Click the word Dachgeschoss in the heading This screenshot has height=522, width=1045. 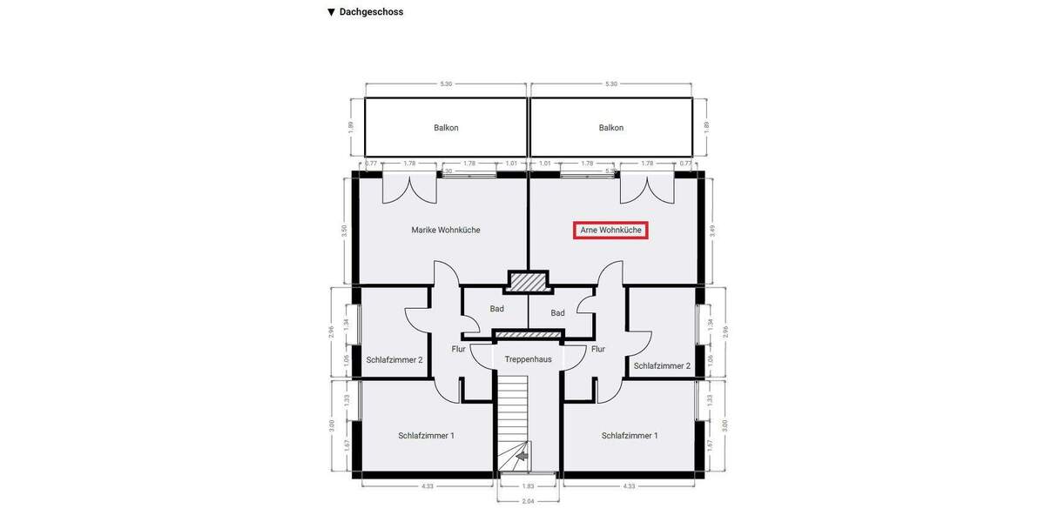(371, 12)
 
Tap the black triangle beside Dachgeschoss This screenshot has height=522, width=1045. (331, 12)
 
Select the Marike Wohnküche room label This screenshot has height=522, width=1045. (446, 231)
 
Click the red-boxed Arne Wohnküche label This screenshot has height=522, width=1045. (610, 231)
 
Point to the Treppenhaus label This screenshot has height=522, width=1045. (528, 358)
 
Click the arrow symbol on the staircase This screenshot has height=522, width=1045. (522, 454)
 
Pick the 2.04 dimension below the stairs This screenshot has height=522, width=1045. (529, 501)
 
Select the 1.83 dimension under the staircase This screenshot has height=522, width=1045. (529, 485)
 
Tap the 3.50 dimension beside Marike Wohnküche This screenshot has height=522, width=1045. (345, 230)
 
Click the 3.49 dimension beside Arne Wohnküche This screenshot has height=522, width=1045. (712, 230)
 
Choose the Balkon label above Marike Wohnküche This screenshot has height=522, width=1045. (446, 128)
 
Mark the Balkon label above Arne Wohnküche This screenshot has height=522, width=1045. (611, 128)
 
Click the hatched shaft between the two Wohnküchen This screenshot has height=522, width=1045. (528, 282)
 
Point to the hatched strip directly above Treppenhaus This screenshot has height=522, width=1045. (528, 334)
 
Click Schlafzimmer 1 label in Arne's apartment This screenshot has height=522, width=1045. (630, 435)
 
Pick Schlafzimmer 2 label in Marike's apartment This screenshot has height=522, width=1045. (394, 359)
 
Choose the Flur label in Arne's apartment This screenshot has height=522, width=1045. (598, 349)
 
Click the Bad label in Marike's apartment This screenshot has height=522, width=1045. (497, 309)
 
